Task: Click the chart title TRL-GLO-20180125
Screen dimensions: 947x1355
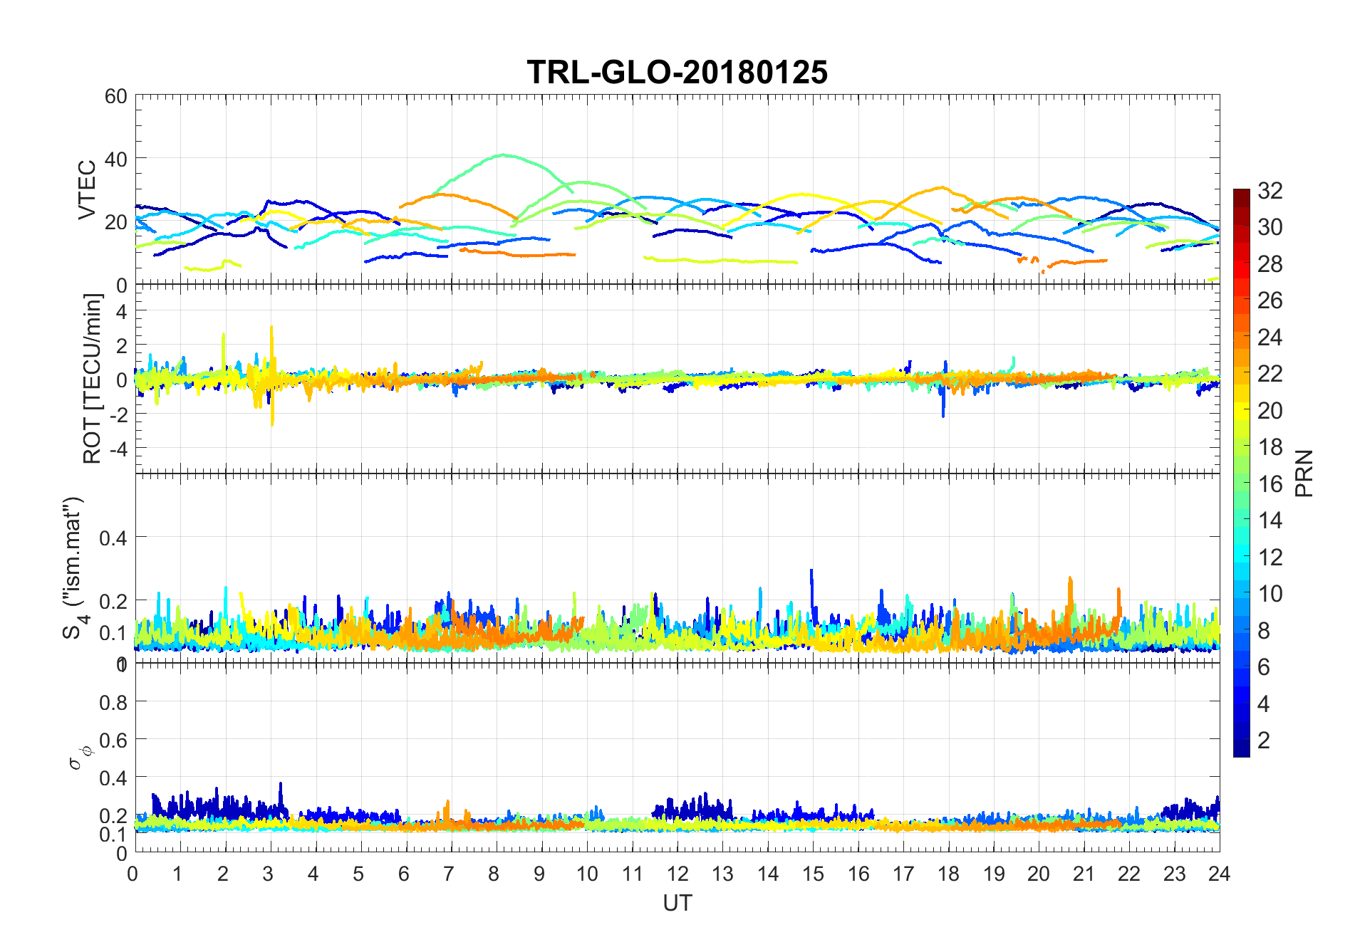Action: point(677,73)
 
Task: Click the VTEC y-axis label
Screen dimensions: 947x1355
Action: point(87,190)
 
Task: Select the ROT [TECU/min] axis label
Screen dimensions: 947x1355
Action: point(92,379)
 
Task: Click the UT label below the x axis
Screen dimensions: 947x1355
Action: point(677,904)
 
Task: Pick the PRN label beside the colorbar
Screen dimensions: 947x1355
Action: point(1304,473)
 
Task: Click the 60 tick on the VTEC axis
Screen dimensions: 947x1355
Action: point(116,96)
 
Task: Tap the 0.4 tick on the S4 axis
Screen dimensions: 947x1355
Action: point(113,538)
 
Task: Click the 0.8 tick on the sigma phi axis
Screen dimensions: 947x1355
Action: point(113,703)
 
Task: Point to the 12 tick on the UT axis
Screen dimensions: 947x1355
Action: point(677,874)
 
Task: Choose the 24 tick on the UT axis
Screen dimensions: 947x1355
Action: point(1219,874)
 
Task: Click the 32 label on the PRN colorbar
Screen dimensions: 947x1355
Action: point(1270,190)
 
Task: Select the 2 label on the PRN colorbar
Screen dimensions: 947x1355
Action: point(1264,741)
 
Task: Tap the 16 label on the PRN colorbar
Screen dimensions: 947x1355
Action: point(1270,484)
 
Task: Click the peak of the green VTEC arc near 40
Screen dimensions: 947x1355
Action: point(504,155)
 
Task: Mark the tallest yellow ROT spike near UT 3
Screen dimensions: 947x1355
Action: point(271,327)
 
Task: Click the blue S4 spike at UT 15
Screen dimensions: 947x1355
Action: point(811,570)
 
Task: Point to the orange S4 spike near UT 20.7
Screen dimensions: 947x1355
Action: point(1070,578)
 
